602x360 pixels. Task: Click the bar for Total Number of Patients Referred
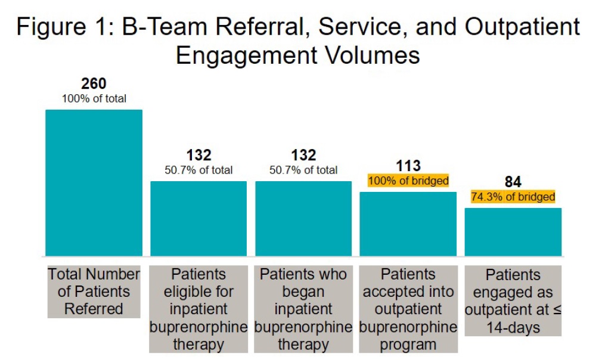94,183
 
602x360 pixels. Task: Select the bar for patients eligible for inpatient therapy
198,219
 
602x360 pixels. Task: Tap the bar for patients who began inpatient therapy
303,219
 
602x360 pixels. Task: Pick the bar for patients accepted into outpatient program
408,224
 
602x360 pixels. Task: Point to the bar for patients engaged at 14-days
513,232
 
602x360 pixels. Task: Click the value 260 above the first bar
94,84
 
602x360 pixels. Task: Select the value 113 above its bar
408,166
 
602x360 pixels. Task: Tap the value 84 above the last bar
513,182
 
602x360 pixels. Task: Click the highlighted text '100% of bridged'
408,181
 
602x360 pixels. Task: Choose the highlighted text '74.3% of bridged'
513,197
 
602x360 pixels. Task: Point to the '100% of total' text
94,98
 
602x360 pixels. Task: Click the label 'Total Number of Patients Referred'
94,291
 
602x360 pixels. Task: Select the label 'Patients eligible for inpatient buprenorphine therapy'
198,309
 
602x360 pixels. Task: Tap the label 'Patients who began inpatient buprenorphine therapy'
303,309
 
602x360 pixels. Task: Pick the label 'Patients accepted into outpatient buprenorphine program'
408,309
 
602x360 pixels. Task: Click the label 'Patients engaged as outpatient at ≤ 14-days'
513,301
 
